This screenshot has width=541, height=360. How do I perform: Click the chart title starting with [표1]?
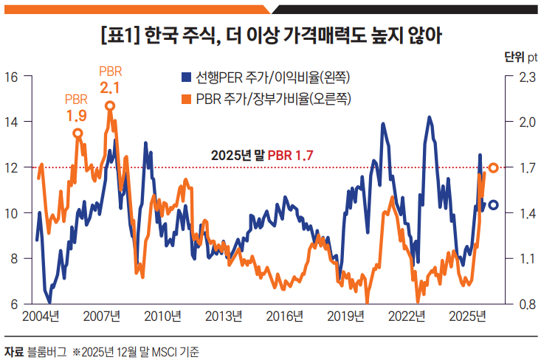[x=270, y=35]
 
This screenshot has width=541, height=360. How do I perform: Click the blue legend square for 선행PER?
[x=187, y=77]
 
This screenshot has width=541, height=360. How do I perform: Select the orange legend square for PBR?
[x=187, y=98]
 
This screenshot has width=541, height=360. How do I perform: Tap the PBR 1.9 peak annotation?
[x=76, y=108]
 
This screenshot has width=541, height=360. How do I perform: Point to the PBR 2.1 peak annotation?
[x=110, y=80]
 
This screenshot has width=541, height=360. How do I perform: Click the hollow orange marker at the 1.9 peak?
[x=77, y=133]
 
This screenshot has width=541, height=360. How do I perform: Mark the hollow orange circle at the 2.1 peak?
[x=110, y=105]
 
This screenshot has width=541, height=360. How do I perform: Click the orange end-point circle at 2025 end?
[x=494, y=168]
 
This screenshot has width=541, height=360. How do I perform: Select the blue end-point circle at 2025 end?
[x=493, y=205]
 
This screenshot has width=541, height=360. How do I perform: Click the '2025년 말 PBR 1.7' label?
[x=262, y=155]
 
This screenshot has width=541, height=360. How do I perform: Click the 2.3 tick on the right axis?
[x=523, y=76]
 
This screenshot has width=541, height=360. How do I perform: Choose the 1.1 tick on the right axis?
[x=523, y=258]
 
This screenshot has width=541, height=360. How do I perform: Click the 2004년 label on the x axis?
[x=41, y=316]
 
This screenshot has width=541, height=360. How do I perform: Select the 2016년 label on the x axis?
[x=285, y=316]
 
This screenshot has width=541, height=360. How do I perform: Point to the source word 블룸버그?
[x=45, y=350]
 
